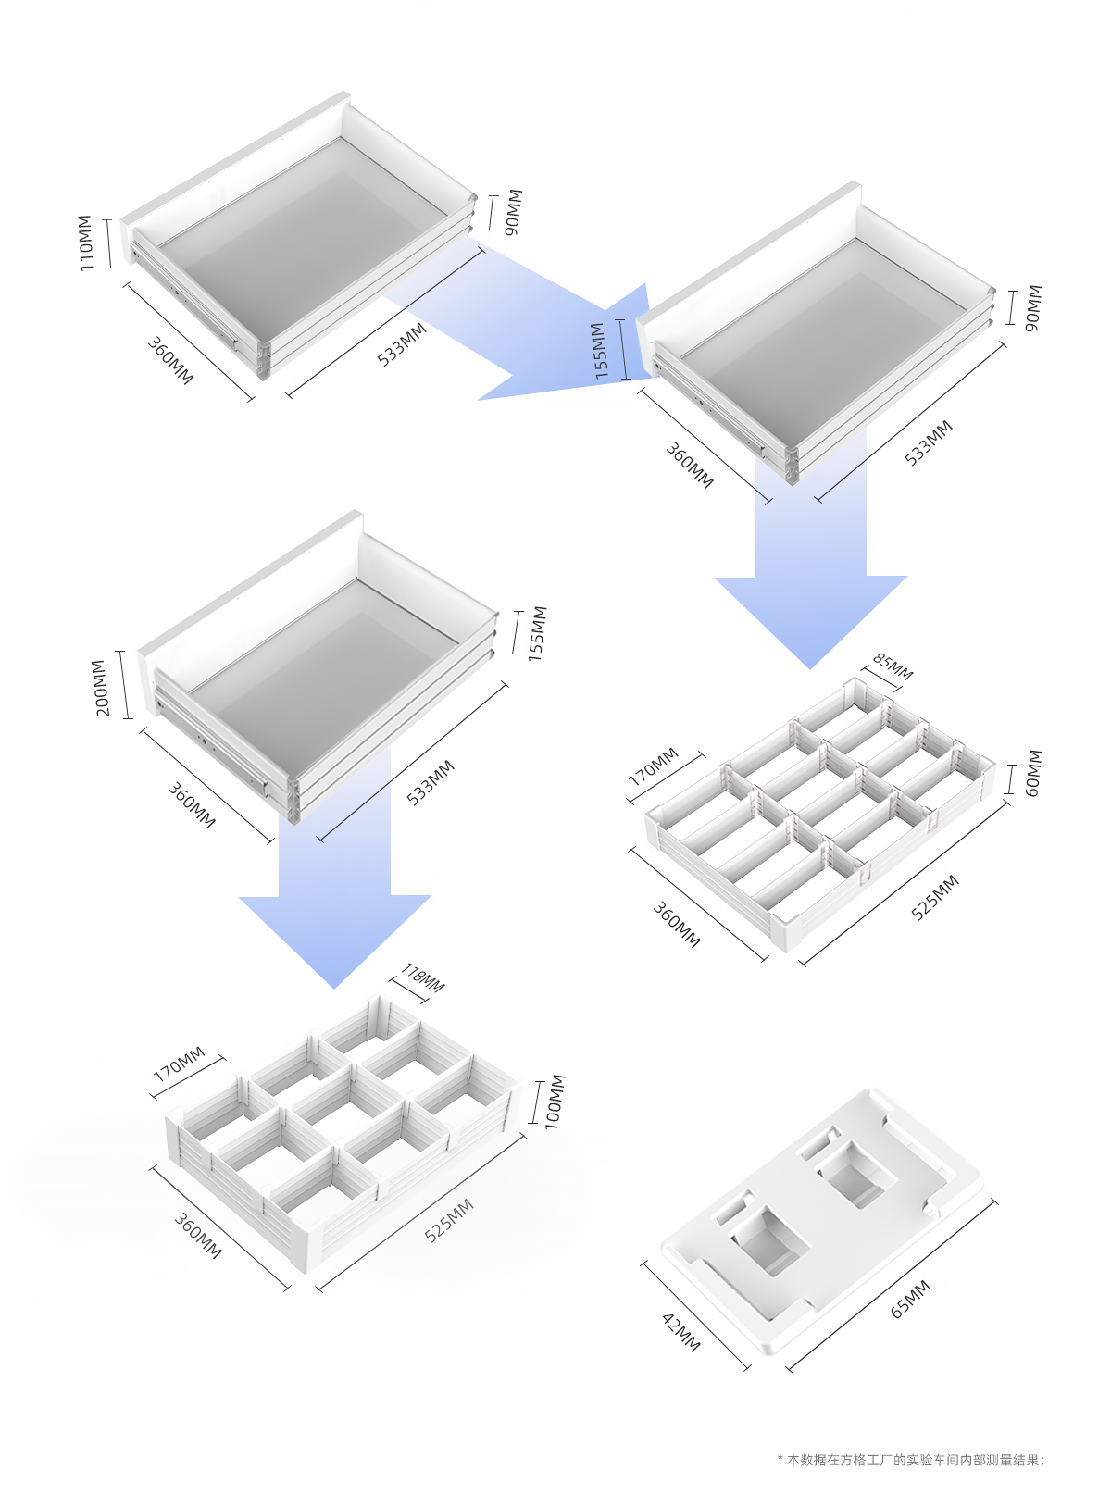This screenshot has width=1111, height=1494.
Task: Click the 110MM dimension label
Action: pos(85,243)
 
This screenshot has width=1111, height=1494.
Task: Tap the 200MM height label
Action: pos(100,687)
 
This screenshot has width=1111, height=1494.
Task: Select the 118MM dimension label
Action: pos(422,978)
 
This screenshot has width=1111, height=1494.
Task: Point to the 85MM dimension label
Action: pos(893,666)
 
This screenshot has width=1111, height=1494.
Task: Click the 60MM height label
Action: pos(1033,773)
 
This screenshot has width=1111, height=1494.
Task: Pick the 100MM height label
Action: pos(554,1102)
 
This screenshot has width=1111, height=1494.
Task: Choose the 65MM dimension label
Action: pos(910,1299)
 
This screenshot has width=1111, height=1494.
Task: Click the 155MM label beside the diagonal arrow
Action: pos(600,350)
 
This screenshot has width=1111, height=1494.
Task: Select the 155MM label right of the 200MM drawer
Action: pos(537,633)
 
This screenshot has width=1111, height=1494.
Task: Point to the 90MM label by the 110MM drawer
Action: pos(514,212)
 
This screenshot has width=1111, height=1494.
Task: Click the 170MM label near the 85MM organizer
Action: pos(653,766)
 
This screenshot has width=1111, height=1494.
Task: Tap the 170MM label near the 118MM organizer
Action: pos(179,1064)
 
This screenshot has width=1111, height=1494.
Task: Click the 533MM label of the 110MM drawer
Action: pos(402,343)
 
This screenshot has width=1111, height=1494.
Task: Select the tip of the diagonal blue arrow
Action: pos(478,400)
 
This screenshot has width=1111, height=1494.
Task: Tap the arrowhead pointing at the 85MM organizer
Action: pos(810,668)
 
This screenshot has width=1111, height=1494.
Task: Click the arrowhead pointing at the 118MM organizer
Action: pos(335,989)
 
